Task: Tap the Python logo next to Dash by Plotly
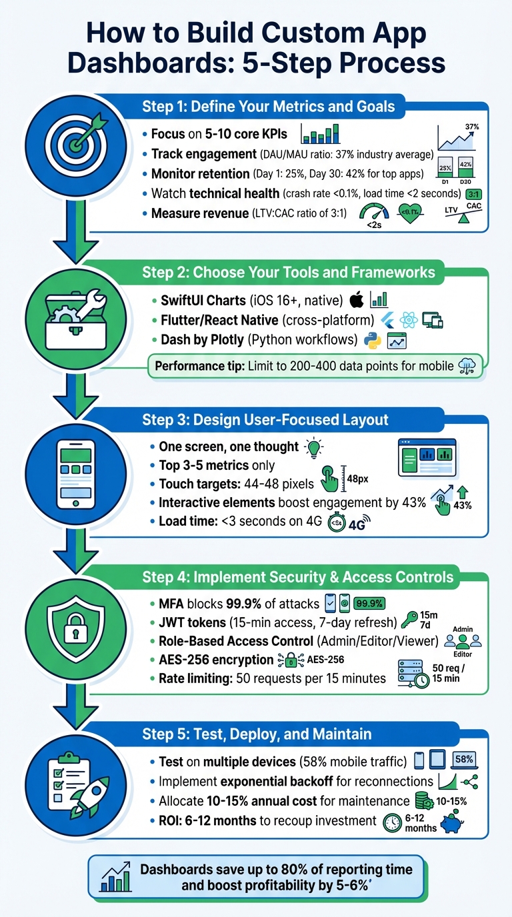(x=372, y=341)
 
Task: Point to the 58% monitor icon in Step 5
(x=463, y=761)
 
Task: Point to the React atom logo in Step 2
(x=409, y=320)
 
